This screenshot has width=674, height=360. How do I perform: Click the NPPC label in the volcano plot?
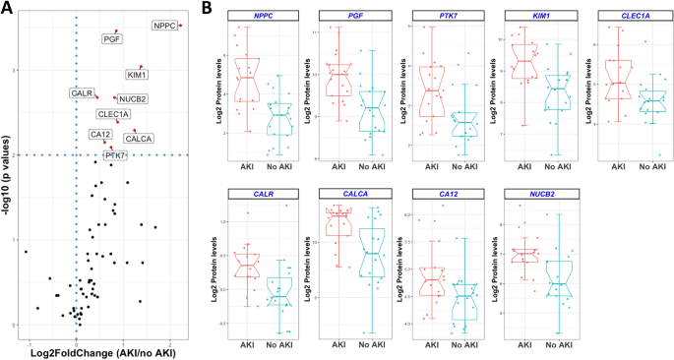pos(164,25)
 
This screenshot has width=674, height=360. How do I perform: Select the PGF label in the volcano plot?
pos(112,39)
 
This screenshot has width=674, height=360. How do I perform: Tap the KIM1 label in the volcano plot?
pos(138,75)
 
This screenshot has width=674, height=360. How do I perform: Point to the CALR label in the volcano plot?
pos(82,92)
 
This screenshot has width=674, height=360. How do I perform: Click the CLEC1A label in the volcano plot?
pos(113,115)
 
